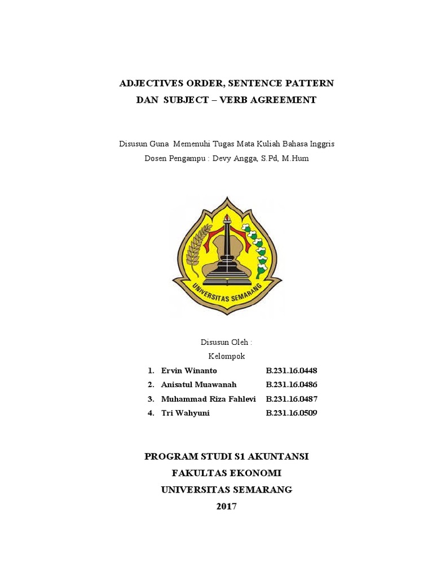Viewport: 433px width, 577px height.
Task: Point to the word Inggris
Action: [x=322, y=144]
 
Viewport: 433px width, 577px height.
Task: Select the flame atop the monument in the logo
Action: [x=227, y=218]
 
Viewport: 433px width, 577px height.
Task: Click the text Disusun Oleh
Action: [x=226, y=342]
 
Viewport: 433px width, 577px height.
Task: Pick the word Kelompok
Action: [x=227, y=356]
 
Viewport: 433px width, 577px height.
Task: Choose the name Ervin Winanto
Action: [x=189, y=370]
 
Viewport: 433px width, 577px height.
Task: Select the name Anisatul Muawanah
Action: [x=199, y=384]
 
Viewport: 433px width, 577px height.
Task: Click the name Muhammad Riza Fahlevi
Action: [x=208, y=398]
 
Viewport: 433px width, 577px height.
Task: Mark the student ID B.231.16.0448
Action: [x=291, y=370]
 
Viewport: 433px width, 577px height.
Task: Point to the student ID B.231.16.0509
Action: [x=291, y=412]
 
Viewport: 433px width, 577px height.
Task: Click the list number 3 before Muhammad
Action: [x=151, y=398]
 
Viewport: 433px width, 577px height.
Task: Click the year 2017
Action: [x=227, y=506]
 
